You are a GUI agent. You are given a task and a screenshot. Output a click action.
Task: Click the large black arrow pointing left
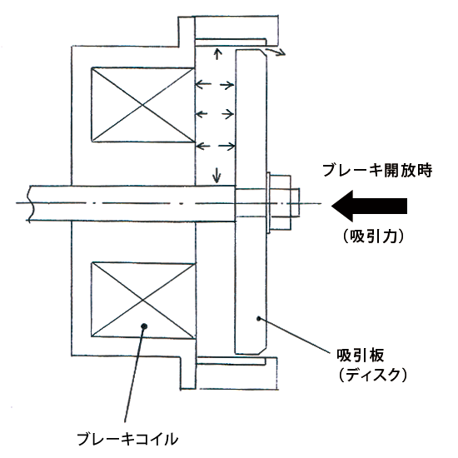tap(369, 206)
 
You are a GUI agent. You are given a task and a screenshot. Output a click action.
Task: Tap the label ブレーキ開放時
tap(377, 170)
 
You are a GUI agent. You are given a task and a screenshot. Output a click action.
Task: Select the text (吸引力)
tap(374, 236)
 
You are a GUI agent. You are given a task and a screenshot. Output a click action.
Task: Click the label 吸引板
tap(360, 356)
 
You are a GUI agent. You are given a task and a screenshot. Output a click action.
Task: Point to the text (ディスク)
tap(373, 375)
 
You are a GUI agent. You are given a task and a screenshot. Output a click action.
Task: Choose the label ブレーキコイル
tap(127, 438)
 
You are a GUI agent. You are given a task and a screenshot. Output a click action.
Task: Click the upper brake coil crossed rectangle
tap(143, 105)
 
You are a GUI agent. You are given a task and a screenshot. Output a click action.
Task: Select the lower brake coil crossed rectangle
tap(143, 300)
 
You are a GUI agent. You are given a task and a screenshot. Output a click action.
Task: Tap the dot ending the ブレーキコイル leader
tap(144, 326)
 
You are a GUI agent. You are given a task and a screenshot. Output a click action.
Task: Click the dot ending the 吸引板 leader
tap(258, 318)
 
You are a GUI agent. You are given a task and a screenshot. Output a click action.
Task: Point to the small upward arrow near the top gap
tap(217, 54)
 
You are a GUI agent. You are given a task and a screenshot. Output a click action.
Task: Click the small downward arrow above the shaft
tap(217, 175)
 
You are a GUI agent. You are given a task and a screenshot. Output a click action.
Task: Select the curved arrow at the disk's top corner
tap(274, 52)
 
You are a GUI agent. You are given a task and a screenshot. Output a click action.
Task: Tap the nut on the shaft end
tap(281, 202)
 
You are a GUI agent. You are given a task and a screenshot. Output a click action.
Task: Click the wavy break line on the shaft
tap(30, 203)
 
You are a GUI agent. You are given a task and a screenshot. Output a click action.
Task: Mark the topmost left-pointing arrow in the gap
tap(203, 84)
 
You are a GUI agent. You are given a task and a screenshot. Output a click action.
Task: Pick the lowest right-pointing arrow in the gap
tap(227, 146)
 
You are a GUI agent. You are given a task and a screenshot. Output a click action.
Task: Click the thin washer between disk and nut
tap(268, 202)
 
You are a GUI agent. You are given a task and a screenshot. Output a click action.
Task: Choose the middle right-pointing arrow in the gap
tap(227, 113)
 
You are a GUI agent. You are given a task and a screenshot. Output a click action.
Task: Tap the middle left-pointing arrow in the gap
tap(202, 113)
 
